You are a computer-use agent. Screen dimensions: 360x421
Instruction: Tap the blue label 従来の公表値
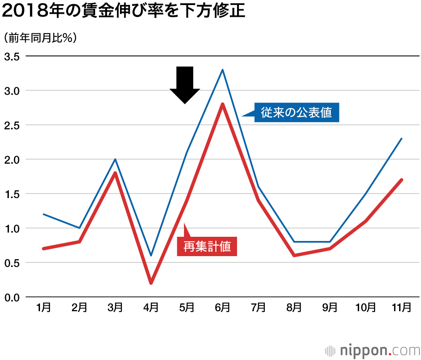click(x=296, y=113)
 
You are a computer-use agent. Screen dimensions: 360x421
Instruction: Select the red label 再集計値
click(x=207, y=246)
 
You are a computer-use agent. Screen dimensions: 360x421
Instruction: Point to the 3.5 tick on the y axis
click(x=12, y=56)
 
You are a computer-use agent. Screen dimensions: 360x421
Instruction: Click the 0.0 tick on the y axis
click(x=12, y=297)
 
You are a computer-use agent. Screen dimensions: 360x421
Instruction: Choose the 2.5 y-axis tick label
click(x=12, y=125)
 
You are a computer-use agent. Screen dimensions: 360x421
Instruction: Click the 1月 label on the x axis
click(x=44, y=308)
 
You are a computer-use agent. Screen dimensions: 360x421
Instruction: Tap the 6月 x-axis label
click(x=222, y=308)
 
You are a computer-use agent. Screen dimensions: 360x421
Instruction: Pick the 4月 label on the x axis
click(x=151, y=308)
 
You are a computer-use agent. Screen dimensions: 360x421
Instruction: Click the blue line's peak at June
click(x=222, y=70)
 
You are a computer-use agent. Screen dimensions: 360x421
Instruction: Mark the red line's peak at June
click(x=222, y=104)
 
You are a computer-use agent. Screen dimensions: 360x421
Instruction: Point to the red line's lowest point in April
click(x=151, y=283)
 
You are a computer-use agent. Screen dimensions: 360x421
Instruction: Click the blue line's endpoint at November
click(x=402, y=139)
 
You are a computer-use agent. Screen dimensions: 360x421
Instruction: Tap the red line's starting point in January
click(x=44, y=249)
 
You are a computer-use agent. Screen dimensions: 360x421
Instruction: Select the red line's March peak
click(x=115, y=173)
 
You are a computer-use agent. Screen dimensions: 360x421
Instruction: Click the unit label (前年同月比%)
click(x=40, y=38)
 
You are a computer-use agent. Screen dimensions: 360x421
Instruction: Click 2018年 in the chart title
click(x=32, y=11)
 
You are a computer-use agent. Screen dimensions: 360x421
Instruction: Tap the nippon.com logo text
click(x=379, y=350)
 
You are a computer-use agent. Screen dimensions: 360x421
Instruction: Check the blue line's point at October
click(x=366, y=193)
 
